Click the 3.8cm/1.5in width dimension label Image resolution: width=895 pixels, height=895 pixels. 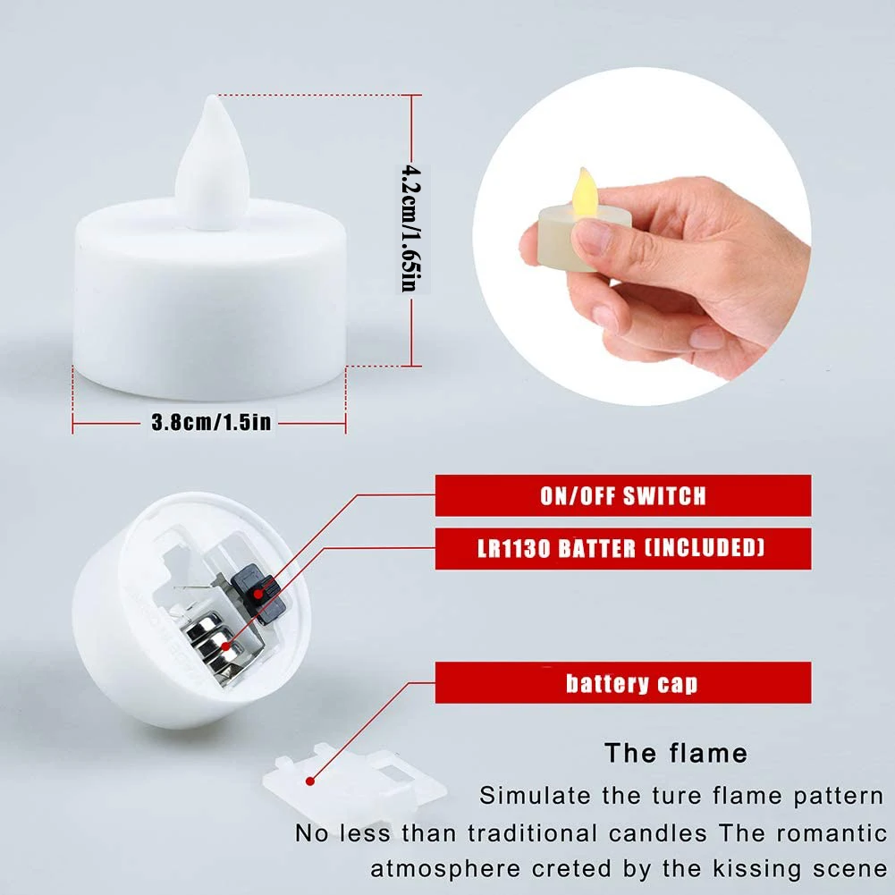211,422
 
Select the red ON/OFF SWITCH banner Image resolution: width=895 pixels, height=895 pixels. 622,495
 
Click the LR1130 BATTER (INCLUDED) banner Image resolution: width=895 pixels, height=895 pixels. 622,548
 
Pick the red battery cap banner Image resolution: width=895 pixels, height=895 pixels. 622,683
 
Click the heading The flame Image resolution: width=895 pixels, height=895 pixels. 676,754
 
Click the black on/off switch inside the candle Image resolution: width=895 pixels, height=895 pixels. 258,594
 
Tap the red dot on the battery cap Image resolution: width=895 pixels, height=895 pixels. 310,781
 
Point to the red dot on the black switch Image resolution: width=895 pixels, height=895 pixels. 258,594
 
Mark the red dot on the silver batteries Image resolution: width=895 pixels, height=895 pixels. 226,646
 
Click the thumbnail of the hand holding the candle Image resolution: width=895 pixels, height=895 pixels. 642,236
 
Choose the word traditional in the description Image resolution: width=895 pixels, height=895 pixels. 531,833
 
